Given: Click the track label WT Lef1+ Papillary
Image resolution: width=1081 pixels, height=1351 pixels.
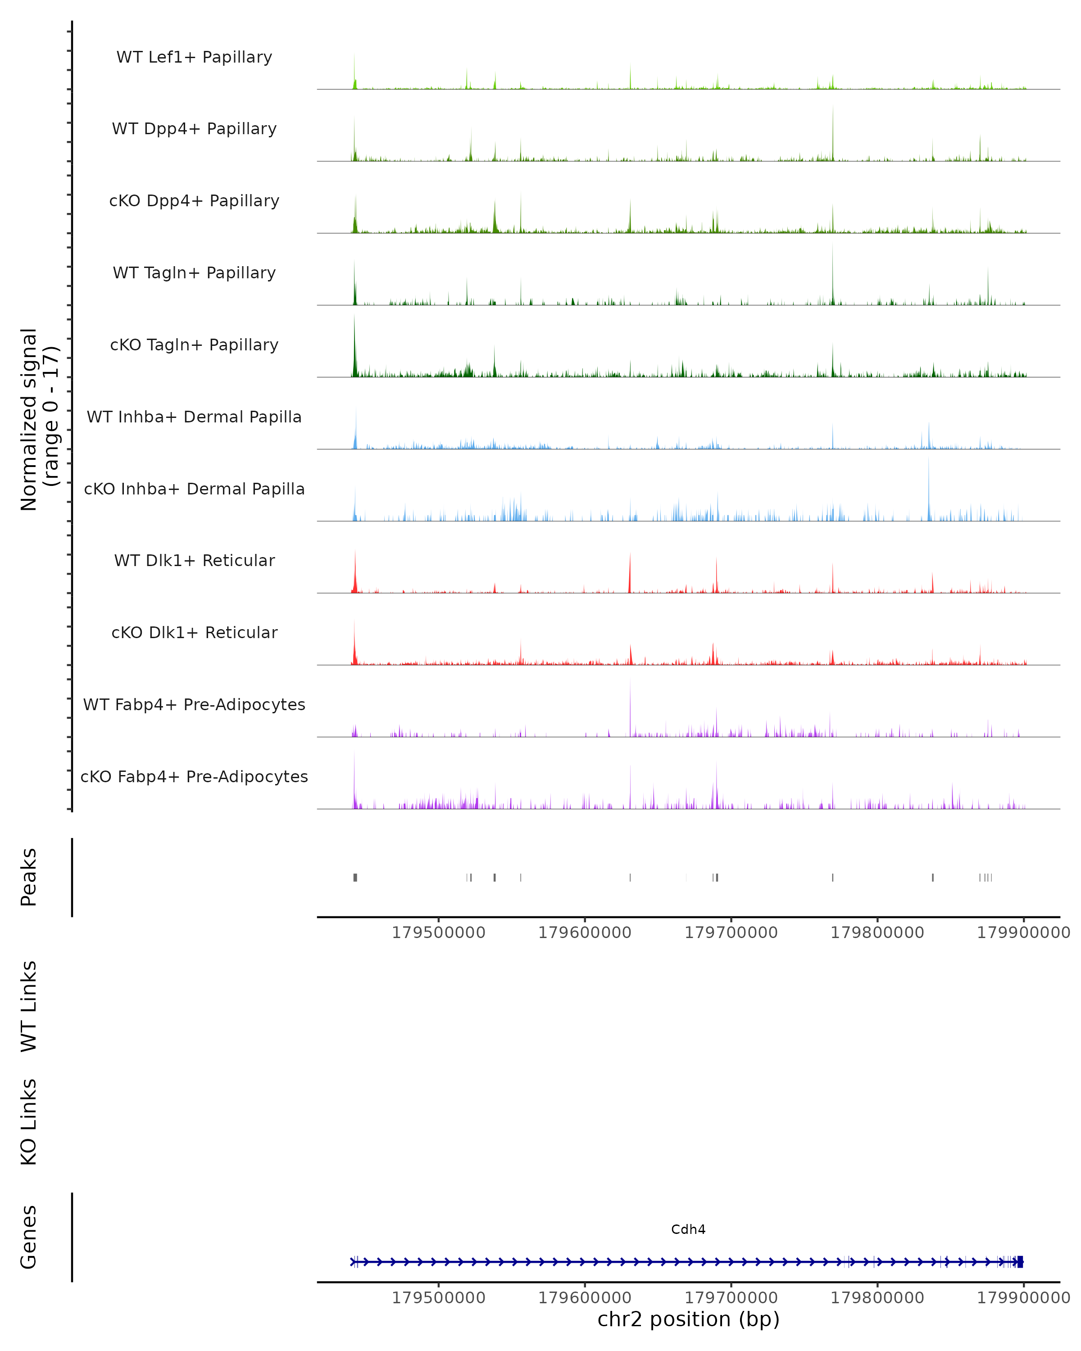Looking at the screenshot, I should (x=194, y=57).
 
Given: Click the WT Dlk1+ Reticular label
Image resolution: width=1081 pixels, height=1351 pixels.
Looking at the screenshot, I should (x=194, y=560).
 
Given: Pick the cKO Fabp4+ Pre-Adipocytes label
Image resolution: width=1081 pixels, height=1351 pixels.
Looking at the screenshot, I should (x=194, y=776).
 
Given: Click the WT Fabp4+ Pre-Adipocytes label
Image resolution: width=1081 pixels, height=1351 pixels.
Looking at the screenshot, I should (x=194, y=704).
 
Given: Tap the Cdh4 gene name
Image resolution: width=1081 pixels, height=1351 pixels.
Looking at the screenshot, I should (x=688, y=1229).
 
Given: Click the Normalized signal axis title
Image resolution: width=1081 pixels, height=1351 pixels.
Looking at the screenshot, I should (x=39, y=419).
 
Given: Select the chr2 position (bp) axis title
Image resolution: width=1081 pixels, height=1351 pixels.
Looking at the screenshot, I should (x=688, y=1319).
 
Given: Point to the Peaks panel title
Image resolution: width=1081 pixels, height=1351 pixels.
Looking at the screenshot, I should (x=29, y=877).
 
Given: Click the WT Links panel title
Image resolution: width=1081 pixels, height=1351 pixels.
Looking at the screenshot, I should (x=29, y=1006).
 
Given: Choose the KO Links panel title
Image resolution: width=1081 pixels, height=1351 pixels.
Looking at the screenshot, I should (x=29, y=1122).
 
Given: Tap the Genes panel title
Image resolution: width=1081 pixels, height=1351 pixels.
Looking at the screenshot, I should (x=29, y=1237).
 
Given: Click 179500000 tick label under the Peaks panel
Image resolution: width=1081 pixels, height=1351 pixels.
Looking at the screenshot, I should (x=439, y=933).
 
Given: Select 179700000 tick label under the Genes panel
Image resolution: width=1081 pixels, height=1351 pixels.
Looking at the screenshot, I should (x=731, y=1298).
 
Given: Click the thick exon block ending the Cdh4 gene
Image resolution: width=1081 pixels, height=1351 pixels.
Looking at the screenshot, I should (x=1020, y=1262).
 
